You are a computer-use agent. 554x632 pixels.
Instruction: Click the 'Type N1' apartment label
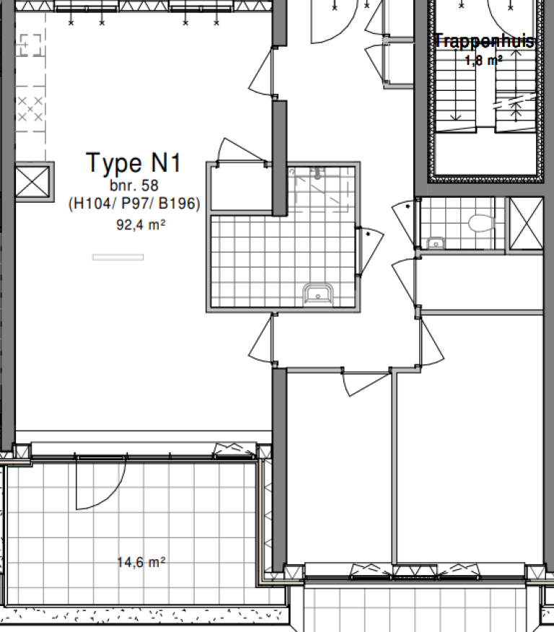(133, 163)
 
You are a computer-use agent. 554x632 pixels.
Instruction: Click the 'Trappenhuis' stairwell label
(485, 41)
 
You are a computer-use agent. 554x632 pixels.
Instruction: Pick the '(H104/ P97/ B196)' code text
(134, 205)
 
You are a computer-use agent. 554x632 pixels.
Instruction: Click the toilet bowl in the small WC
(478, 222)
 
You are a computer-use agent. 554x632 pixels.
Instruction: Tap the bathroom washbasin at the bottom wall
(317, 294)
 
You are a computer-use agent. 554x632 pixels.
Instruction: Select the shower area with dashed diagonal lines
(322, 189)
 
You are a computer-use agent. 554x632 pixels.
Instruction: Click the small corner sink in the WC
(435, 243)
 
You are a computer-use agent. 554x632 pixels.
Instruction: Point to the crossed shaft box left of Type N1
(34, 180)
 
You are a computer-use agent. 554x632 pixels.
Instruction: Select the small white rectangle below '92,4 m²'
(118, 257)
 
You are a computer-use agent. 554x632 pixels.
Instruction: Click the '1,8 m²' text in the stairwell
(483, 61)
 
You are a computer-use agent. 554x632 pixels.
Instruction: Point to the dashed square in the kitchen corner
(30, 46)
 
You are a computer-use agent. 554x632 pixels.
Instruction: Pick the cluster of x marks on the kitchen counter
(31, 110)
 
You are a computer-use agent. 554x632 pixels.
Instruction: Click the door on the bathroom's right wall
(370, 251)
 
